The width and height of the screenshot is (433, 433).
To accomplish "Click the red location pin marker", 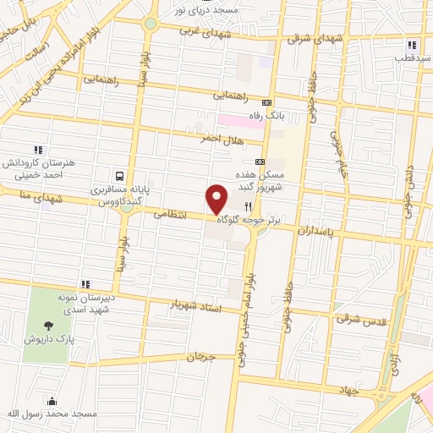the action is coord(217,200).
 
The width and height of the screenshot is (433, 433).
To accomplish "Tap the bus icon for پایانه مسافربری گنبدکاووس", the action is coord(120,177).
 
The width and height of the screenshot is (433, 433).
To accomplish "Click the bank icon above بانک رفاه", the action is coord(268,101).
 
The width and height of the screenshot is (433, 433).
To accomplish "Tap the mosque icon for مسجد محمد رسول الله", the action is coord(52,400).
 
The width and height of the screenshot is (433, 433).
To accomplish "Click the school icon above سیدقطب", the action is coord(411,46).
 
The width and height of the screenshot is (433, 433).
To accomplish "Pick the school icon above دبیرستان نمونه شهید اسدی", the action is coord(85,284).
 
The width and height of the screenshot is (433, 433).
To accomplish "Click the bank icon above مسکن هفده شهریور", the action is coord(260,162).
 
